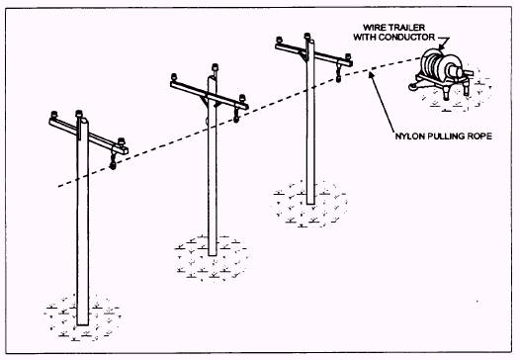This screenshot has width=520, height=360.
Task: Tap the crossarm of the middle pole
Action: click(209, 94)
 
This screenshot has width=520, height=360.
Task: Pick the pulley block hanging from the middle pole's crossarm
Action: click(237, 119)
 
